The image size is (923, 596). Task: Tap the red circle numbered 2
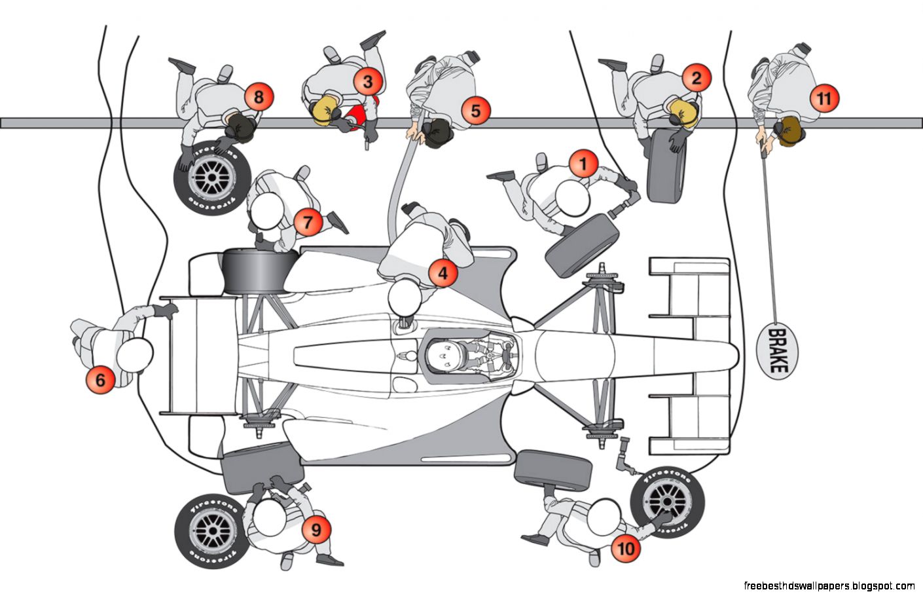(696, 78)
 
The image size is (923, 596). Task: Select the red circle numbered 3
(368, 82)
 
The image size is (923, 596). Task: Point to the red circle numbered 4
(443, 272)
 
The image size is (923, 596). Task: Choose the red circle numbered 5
(476, 110)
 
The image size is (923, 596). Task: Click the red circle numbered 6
(100, 380)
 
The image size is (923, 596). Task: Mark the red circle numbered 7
(308, 222)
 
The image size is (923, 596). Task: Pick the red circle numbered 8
(259, 98)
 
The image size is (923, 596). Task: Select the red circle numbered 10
(626, 548)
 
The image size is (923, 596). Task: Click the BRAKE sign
(776, 351)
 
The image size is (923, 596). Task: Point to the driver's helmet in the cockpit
(443, 354)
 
